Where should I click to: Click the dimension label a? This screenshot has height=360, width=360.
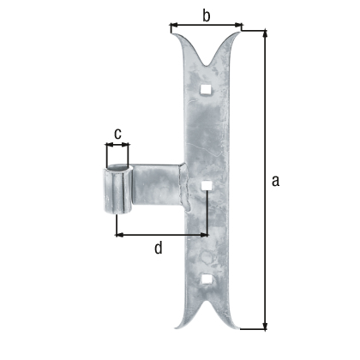click(x=274, y=180)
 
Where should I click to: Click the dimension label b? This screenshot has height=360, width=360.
click(x=206, y=15)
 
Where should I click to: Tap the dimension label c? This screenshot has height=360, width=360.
click(x=117, y=133)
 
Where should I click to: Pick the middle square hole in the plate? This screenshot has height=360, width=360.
click(x=206, y=183)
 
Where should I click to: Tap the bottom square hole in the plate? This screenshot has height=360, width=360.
click(x=205, y=278)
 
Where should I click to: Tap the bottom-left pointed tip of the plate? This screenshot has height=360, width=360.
click(x=171, y=327)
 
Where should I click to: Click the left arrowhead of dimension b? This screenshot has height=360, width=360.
click(x=174, y=27)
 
